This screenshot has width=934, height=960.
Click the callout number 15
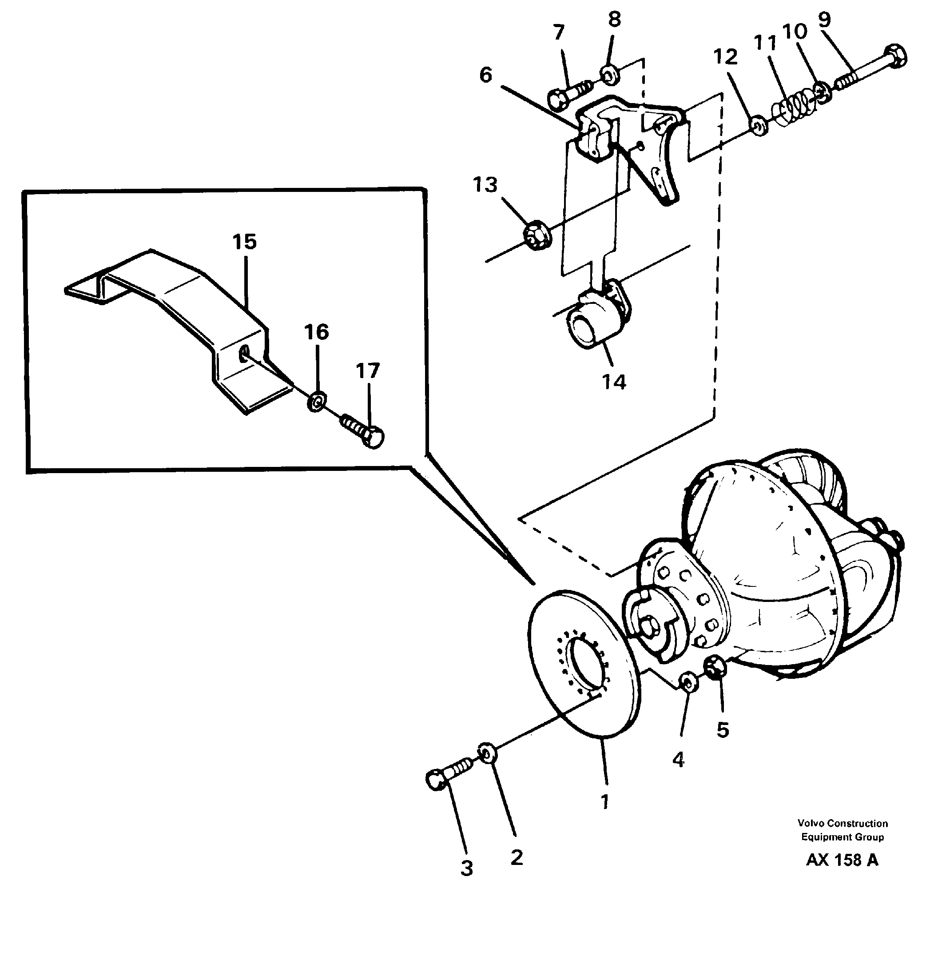pyautogui.click(x=244, y=242)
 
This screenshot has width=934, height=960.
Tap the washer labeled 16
pyautogui.click(x=316, y=402)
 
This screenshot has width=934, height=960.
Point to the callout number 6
pyautogui.click(x=485, y=76)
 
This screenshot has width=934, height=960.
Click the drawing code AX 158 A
pyautogui.click(x=842, y=874)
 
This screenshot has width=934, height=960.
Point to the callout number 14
pyautogui.click(x=614, y=382)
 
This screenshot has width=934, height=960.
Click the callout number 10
pyautogui.click(x=794, y=32)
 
